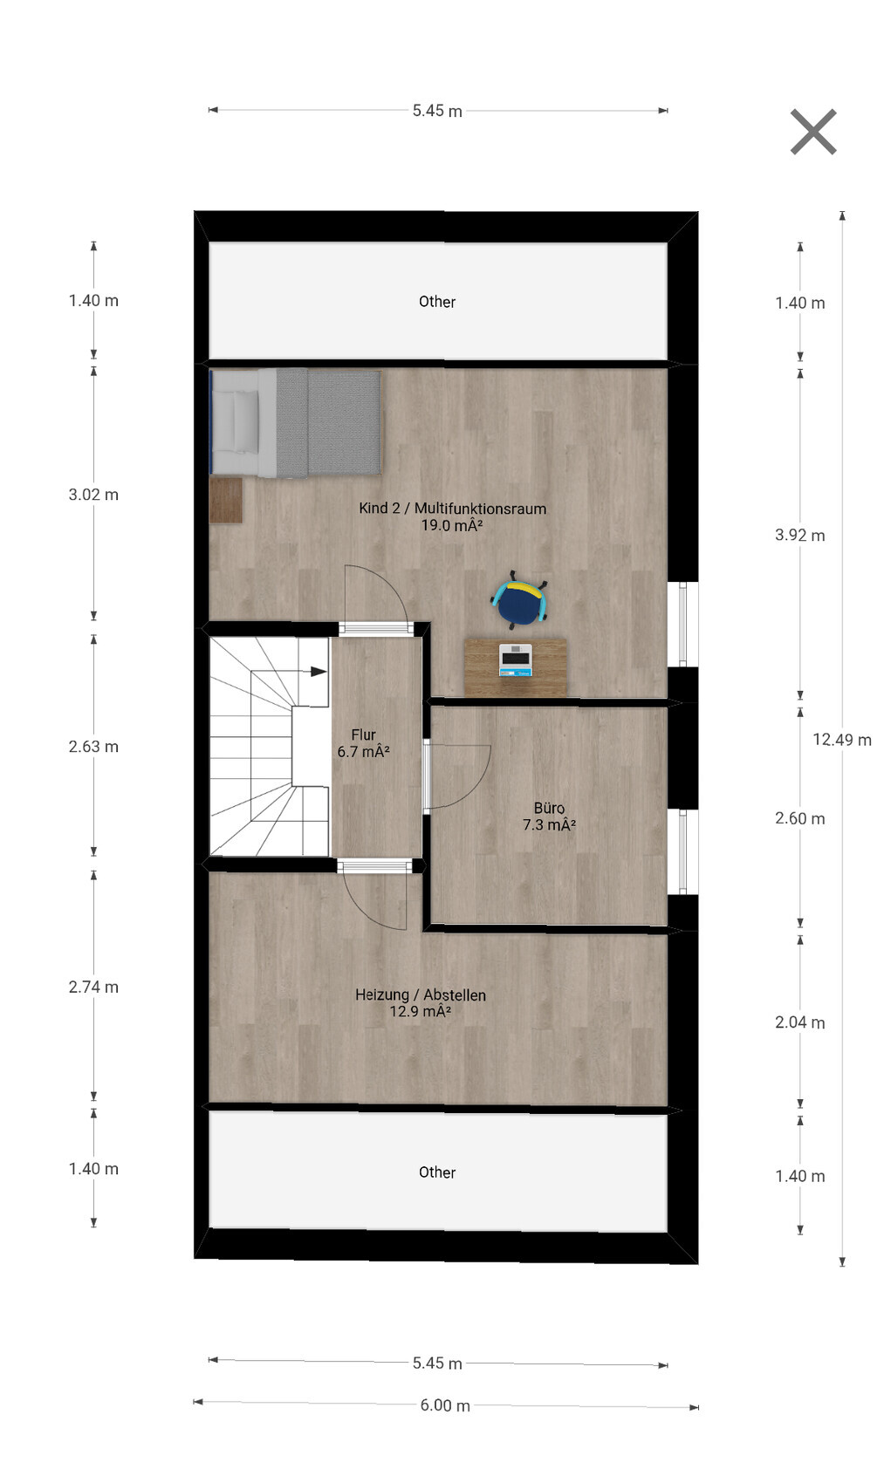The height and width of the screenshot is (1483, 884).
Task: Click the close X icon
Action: coord(813,132)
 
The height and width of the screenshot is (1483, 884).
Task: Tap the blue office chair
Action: coord(520,600)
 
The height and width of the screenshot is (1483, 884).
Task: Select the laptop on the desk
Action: coord(515,660)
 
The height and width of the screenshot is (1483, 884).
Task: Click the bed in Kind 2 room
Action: coord(295,423)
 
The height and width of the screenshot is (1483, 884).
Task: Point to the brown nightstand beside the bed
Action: coord(226,501)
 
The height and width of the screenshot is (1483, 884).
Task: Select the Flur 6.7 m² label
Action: coord(364,743)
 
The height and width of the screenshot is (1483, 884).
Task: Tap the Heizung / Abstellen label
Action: coord(421,995)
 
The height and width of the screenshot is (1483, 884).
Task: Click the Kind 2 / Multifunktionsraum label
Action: coord(453,509)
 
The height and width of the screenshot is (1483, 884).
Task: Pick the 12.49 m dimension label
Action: coord(841,740)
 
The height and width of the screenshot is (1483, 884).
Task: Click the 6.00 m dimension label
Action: coord(445,1404)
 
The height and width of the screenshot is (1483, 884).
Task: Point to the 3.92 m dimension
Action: coord(800,535)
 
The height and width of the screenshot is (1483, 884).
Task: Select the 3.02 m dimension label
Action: coord(93,495)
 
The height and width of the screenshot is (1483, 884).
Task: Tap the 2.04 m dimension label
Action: coord(800,1022)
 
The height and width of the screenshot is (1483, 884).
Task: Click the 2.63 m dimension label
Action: coord(93,747)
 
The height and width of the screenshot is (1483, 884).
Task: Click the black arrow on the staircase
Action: coord(319,672)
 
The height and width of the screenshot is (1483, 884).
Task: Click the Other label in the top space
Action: coord(437,302)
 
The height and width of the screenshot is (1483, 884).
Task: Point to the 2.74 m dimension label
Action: coord(93,988)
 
